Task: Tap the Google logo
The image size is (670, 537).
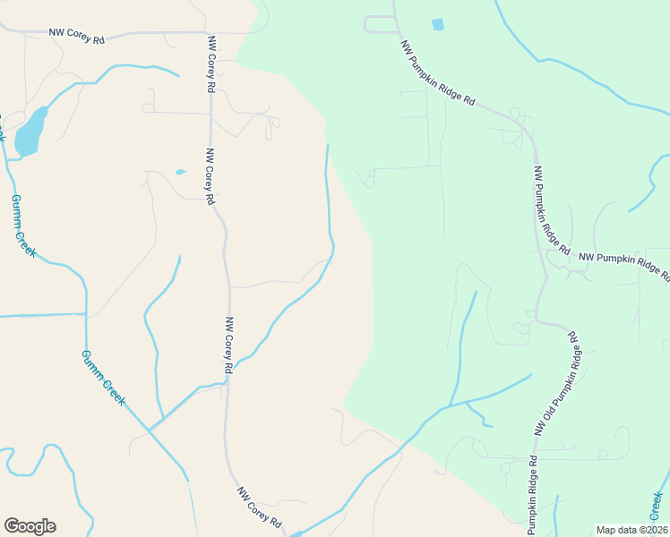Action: tap(30, 526)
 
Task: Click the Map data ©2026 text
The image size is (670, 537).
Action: tap(631, 530)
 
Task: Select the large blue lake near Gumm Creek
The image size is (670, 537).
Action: tap(30, 132)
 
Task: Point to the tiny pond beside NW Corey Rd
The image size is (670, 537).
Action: tap(180, 172)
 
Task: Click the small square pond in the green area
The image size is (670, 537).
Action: tap(437, 24)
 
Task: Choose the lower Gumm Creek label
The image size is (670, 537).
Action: tap(103, 378)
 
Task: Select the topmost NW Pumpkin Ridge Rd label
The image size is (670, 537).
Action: tap(437, 73)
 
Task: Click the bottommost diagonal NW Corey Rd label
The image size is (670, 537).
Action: tap(260, 507)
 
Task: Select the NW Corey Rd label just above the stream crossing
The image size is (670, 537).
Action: tap(229, 345)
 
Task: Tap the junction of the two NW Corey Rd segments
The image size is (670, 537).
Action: tap(210, 33)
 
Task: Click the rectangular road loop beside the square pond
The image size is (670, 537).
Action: tap(380, 24)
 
